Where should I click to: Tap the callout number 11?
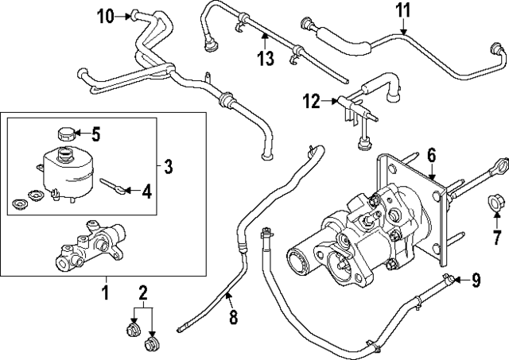pos(404,11)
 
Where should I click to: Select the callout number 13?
pos(266,57)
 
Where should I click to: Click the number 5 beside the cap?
pos(96,133)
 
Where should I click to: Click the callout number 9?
pos(476,279)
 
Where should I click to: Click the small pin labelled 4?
pos(111,186)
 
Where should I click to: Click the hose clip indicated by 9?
pos(451,277)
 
